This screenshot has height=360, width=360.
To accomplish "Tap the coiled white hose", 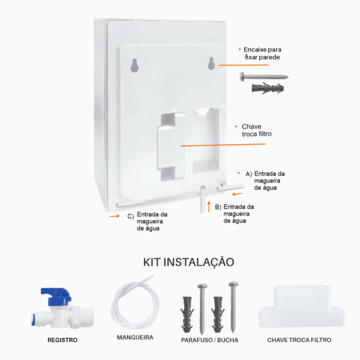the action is coord(135,302).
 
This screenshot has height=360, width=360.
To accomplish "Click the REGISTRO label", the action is coord(62,340).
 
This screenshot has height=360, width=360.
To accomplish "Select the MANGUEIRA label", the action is coord(135,337).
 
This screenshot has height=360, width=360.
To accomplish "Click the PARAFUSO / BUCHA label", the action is coord(209,340).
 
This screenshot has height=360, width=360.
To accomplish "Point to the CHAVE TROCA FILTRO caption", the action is coord(299,340).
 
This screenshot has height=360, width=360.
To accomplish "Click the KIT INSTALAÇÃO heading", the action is coord(188,262).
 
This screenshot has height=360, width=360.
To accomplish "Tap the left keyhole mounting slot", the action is coord(134,65).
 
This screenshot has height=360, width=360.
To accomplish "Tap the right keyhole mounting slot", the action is coord(211,64).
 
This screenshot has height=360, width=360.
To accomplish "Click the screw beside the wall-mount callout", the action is coord(264,76).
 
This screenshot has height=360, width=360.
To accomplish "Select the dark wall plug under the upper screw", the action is coord(268,88).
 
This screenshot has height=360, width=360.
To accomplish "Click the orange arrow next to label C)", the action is coord(115,216).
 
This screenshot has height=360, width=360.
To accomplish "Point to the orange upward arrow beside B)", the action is coord(209,206).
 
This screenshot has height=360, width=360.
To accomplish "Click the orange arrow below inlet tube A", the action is coord(237,194).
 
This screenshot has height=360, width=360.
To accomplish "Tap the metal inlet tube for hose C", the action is coord(130,203).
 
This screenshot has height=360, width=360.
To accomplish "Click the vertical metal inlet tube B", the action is coord(203,199).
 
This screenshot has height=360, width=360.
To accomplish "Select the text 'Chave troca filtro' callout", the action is coord(256,130).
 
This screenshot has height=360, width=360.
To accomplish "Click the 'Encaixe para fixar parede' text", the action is coord(262,53).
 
